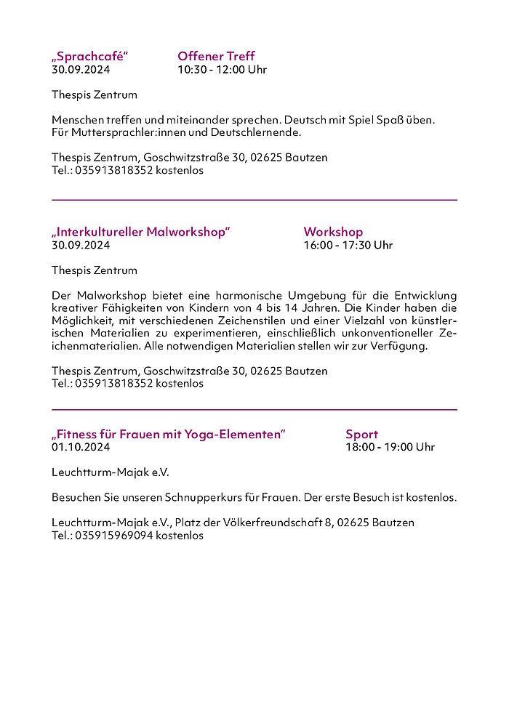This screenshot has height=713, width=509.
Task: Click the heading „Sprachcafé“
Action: point(89,57)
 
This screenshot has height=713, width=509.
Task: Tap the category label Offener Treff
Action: point(216,57)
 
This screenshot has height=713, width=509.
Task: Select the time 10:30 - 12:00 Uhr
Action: point(222,70)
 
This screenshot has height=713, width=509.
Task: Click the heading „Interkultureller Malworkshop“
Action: point(140,232)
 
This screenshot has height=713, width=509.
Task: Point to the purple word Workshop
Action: point(333,232)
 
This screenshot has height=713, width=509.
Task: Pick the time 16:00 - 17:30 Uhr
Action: point(348,245)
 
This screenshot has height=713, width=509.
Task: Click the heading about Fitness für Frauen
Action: point(168,434)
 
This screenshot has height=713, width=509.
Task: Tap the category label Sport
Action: point(361,434)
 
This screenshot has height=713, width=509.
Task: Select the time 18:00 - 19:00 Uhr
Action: point(390,447)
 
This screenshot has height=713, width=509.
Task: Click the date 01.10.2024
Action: point(81,447)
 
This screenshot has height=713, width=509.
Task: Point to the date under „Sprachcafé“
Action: point(81,70)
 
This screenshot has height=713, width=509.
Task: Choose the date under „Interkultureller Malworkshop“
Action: point(81,245)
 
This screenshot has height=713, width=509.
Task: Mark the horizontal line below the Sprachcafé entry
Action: point(254,199)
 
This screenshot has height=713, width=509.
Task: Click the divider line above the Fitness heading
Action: point(254,409)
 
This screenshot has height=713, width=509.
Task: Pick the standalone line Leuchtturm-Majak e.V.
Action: point(110,472)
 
